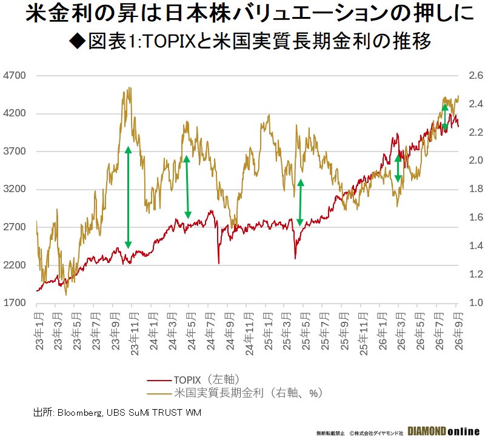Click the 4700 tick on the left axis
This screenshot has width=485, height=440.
pyautogui.click(x=15, y=75)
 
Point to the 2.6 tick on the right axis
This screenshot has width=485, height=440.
pyautogui.click(x=476, y=75)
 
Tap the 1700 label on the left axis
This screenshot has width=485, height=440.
pyautogui.click(x=15, y=302)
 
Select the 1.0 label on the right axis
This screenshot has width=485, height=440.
pyautogui.click(x=476, y=302)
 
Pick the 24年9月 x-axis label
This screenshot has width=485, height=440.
pyautogui.click(x=230, y=331)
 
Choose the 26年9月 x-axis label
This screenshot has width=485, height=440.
pyautogui.click(x=459, y=331)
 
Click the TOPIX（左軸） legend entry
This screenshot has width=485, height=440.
pyautogui.click(x=193, y=380)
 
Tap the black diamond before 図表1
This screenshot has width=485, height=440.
pyautogui.click(x=78, y=41)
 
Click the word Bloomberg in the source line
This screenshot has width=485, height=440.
pyautogui.click(x=80, y=413)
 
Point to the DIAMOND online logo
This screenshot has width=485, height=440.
pyautogui.click(x=444, y=432)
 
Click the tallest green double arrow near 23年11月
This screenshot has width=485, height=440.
pyautogui.click(x=129, y=198)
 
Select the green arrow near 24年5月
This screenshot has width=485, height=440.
pyautogui.click(x=187, y=187)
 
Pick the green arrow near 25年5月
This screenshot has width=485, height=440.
pyautogui.click(x=300, y=202)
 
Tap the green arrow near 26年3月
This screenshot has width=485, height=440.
pyautogui.click(x=398, y=168)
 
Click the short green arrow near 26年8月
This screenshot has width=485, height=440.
pyautogui.click(x=445, y=117)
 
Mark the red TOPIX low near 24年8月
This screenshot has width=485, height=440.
pyautogui.click(x=219, y=264)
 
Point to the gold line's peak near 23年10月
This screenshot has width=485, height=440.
pyautogui.click(x=130, y=88)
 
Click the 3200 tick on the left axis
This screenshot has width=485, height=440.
pyautogui.click(x=15, y=189)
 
